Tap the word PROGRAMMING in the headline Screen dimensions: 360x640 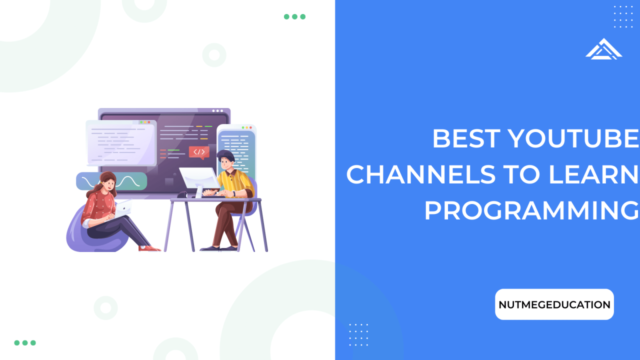[x=531, y=210]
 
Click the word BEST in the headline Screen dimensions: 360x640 [x=466, y=138]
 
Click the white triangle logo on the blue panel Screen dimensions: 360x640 [x=603, y=49]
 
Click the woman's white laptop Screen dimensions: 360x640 [x=123, y=207]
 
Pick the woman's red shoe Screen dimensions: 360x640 [x=149, y=248]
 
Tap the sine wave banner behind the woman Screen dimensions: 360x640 [x=111, y=181]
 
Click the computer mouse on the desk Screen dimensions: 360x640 [x=182, y=194]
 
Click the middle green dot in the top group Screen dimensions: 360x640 [x=294, y=16]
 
